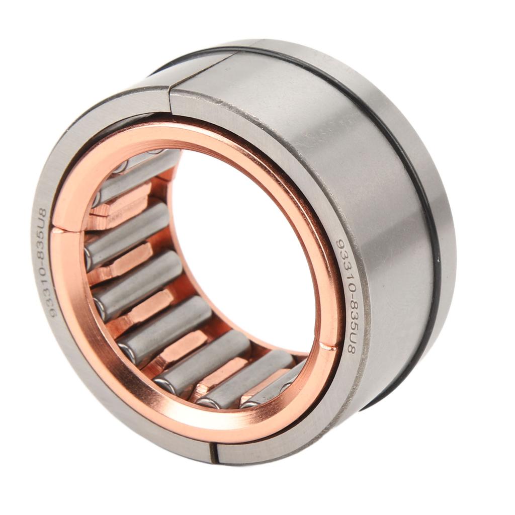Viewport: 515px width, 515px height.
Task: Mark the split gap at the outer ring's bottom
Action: tap(214, 452)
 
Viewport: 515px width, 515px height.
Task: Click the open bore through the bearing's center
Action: tap(241, 241)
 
